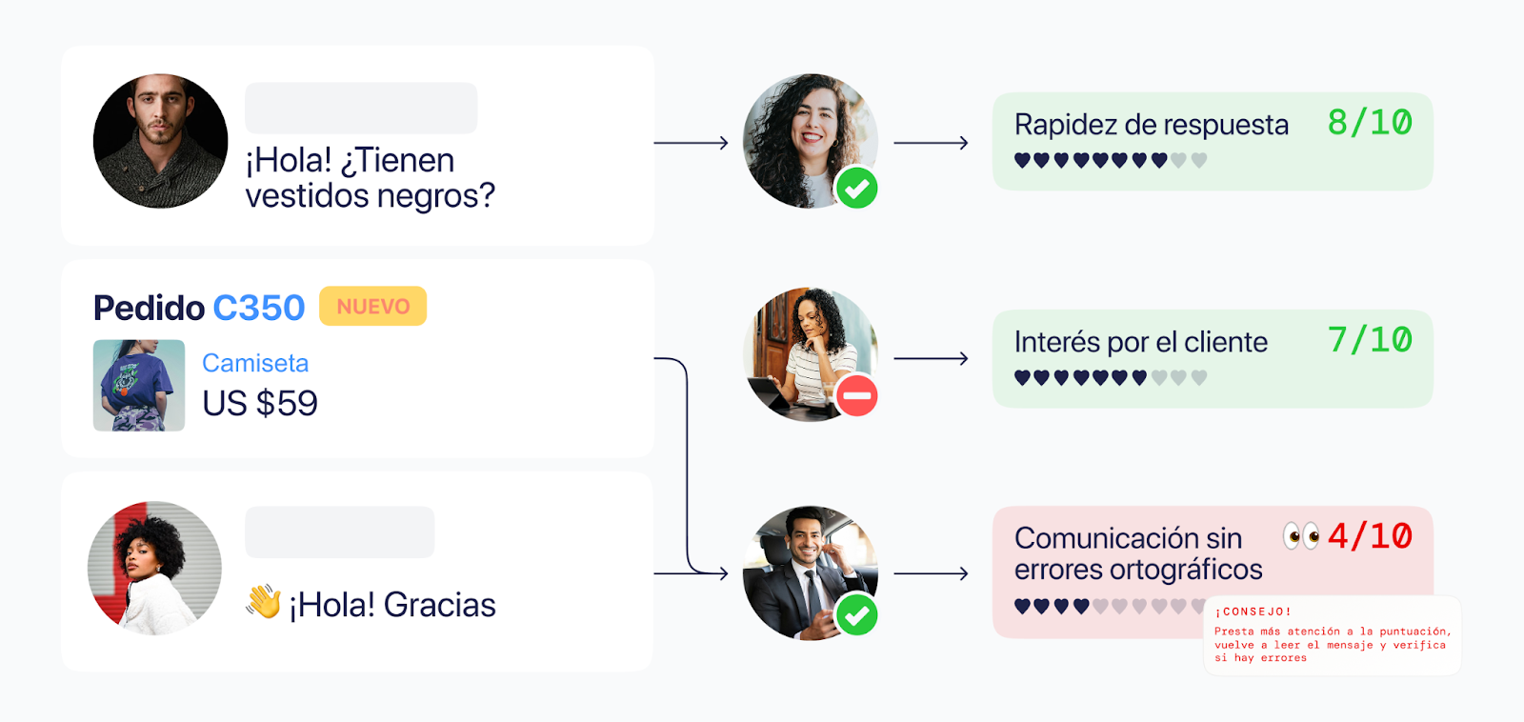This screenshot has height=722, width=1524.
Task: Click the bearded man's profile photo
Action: pyautogui.click(x=160, y=141)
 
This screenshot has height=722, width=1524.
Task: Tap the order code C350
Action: pyautogui.click(x=258, y=308)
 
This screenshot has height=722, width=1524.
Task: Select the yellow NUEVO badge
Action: pyautogui.click(x=372, y=307)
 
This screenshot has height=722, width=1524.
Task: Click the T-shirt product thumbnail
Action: pyautogui.click(x=139, y=385)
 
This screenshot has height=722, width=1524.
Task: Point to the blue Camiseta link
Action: pyautogui.click(x=255, y=363)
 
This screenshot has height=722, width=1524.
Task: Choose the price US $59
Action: pyautogui.click(x=260, y=404)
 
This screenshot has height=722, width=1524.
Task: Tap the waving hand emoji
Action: pyautogui.click(x=264, y=602)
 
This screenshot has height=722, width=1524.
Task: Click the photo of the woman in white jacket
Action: pyautogui.click(x=154, y=568)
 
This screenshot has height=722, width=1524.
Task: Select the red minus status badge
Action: pyautogui.click(x=856, y=395)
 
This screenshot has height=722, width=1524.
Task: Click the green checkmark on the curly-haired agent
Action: pyautogui.click(x=856, y=189)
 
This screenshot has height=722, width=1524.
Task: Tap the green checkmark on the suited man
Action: pyautogui.click(x=856, y=615)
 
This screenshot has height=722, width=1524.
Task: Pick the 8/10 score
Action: pyautogui.click(x=1370, y=123)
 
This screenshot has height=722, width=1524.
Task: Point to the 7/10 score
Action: pyautogui.click(x=1370, y=340)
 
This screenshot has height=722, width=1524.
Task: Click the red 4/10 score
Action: pyautogui.click(x=1370, y=536)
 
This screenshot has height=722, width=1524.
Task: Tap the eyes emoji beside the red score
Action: pyautogui.click(x=1301, y=536)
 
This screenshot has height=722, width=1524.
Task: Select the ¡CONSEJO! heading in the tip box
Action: pyautogui.click(x=1253, y=612)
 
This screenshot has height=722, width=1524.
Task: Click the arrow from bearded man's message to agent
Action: pyautogui.click(x=691, y=143)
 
